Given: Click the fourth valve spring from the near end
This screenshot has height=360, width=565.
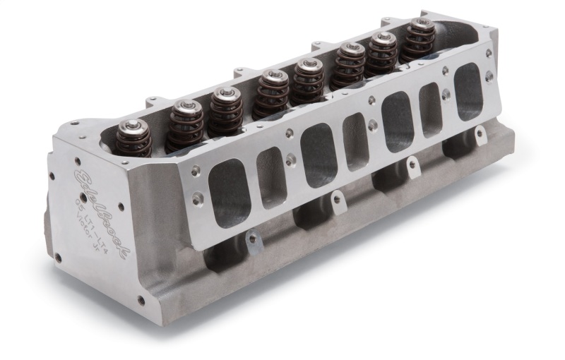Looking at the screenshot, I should (272, 92).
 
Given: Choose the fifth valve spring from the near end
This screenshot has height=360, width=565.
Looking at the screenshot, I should (308, 80).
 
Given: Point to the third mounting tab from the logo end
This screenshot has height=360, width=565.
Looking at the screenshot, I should (412, 164).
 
